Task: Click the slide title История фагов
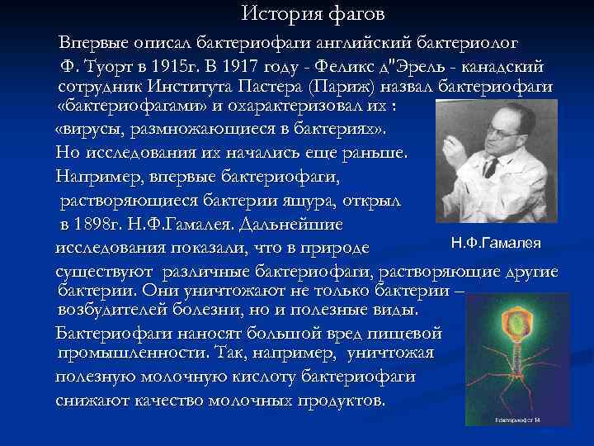(x=313, y=14)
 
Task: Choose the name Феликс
(x=351, y=65)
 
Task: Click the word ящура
(x=326, y=202)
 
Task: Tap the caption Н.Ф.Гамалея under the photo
(x=496, y=242)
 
